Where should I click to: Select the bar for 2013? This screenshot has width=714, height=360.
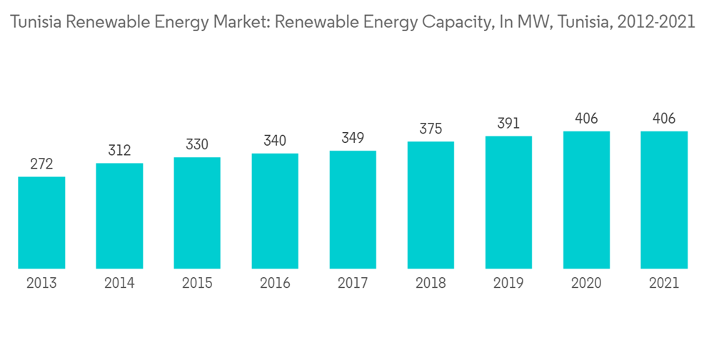(x=41, y=222)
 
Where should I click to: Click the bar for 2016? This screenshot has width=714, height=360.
(x=275, y=211)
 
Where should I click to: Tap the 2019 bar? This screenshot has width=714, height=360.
(x=508, y=202)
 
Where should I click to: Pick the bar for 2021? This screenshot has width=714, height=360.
(x=664, y=200)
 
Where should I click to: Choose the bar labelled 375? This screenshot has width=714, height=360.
(x=431, y=205)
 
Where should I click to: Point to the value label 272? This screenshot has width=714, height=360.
(x=41, y=164)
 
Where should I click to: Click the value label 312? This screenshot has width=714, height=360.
(x=119, y=151)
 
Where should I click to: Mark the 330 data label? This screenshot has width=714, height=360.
(x=197, y=145)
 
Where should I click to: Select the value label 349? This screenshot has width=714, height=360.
(x=353, y=138)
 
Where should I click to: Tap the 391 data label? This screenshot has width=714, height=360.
(x=508, y=124)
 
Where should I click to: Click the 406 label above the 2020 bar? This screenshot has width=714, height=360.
(x=586, y=119)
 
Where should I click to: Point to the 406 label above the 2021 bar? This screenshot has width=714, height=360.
(x=664, y=119)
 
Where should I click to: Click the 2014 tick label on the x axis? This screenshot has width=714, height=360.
(x=119, y=284)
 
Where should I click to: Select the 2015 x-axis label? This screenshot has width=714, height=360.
(x=197, y=284)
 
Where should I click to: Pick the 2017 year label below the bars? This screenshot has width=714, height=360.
(x=353, y=284)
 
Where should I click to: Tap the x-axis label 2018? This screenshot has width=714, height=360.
(x=431, y=284)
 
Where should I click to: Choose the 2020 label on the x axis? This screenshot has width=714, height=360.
(x=586, y=284)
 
